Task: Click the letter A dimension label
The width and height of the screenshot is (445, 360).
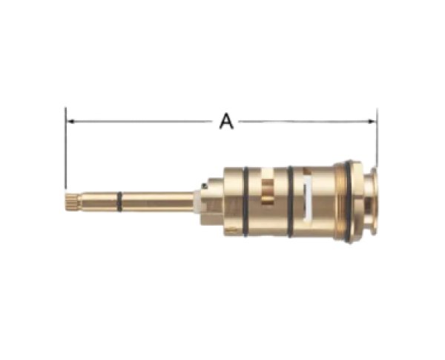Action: tap(226, 121)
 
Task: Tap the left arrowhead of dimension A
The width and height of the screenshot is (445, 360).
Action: tap(70, 121)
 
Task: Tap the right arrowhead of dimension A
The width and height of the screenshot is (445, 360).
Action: tap(372, 121)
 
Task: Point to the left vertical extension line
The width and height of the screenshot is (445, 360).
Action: tap(65, 148)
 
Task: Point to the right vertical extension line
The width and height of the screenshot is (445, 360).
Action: tap(377, 138)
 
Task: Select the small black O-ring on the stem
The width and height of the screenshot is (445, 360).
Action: tap(119, 202)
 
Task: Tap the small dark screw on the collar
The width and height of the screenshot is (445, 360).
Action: tap(205, 186)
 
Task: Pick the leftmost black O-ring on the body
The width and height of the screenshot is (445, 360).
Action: tap(245, 202)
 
